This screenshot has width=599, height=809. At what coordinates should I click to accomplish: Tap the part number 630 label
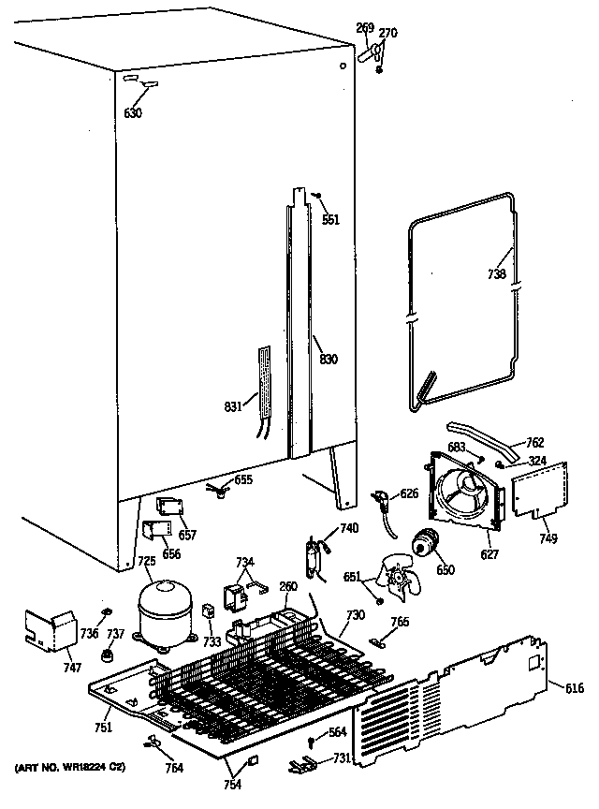(133, 113)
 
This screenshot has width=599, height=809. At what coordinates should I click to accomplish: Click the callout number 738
(497, 274)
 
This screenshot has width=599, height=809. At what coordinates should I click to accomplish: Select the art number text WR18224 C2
(70, 768)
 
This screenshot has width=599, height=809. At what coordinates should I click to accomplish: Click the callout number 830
(328, 359)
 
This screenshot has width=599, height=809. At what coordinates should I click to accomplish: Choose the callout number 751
(102, 728)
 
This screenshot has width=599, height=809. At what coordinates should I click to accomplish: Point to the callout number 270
(387, 34)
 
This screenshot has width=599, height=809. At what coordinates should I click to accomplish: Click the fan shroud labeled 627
(463, 491)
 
